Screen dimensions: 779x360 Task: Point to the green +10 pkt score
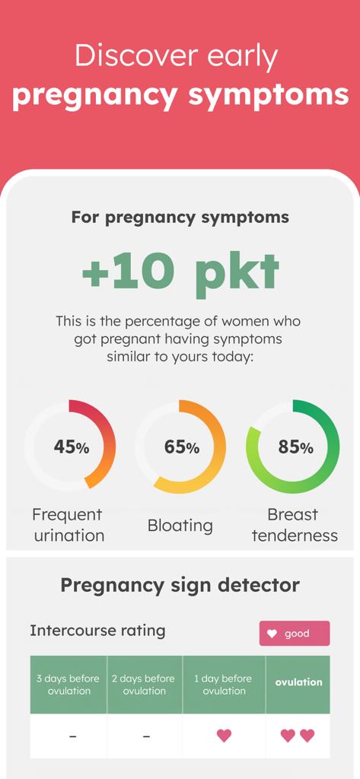tap(180, 272)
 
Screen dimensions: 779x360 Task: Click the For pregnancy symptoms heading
tap(180, 217)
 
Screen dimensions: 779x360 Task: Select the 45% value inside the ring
tap(71, 447)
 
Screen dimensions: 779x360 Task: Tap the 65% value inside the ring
tap(181, 447)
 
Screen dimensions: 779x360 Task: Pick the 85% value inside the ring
tap(295, 447)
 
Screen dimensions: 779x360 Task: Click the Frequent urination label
tap(68, 525)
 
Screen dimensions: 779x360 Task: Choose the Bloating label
tap(180, 525)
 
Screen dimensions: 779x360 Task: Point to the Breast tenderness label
tap(295, 525)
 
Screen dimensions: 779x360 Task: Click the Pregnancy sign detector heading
tap(180, 585)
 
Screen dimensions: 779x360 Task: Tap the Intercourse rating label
tap(97, 631)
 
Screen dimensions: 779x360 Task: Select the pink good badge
tap(295, 633)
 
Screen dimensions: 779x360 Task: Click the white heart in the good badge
tap(272, 634)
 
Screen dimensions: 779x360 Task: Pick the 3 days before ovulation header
tap(68, 685)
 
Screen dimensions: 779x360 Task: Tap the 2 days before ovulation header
tap(144, 685)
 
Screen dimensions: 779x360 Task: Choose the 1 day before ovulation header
tap(224, 685)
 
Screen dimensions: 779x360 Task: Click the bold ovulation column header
tap(298, 682)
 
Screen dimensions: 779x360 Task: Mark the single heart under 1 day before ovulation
tap(224, 736)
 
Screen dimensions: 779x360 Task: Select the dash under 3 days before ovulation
tap(72, 736)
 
